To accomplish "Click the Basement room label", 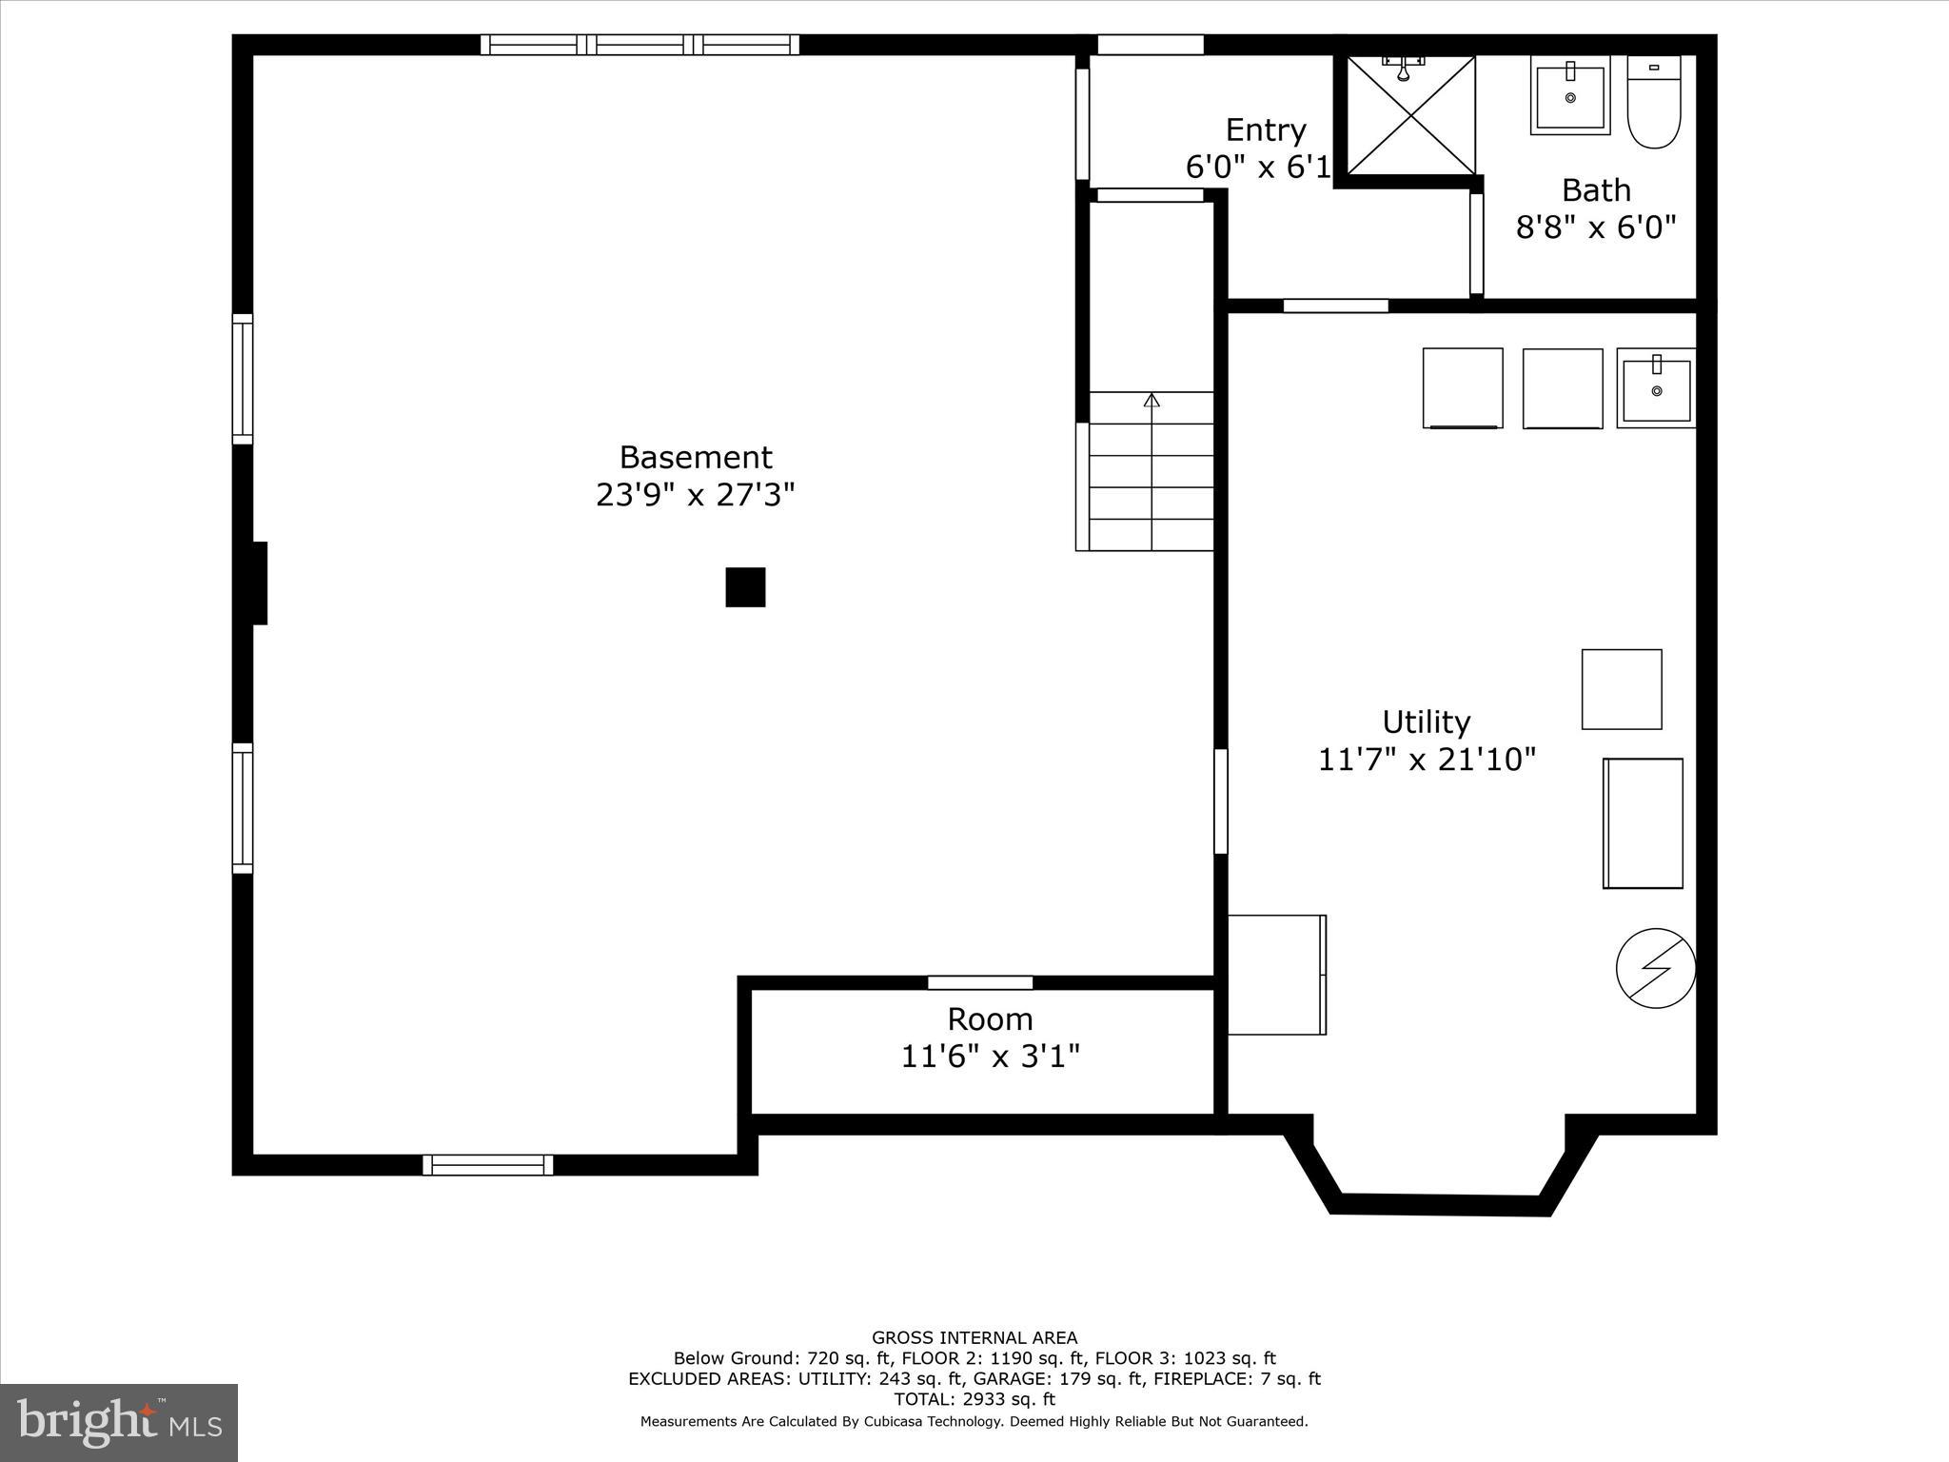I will point(695,458).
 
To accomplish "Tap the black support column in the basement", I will point(745,587).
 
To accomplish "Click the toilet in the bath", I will point(1654,102).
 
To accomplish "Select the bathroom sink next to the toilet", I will point(1570,96).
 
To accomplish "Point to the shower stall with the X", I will point(1410,116).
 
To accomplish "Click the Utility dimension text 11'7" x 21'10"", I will point(1427,760).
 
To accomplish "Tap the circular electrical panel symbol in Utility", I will point(1656,968).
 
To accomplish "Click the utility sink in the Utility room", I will point(1656,388).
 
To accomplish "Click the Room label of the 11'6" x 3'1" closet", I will point(990,1019).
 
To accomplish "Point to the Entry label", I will point(1265,129).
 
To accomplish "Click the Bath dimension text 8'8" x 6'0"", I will point(1596,227).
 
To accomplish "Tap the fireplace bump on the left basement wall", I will point(257,583).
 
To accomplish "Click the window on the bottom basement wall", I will point(488,1165).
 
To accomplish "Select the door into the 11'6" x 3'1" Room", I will point(980,982).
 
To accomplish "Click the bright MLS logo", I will point(119,1422).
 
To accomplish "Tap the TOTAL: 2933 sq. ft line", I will point(974,1399).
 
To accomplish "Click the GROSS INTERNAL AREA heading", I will point(974,1338).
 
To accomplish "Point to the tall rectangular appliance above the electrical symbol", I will point(1643,823).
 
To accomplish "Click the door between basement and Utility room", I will point(1220,801).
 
